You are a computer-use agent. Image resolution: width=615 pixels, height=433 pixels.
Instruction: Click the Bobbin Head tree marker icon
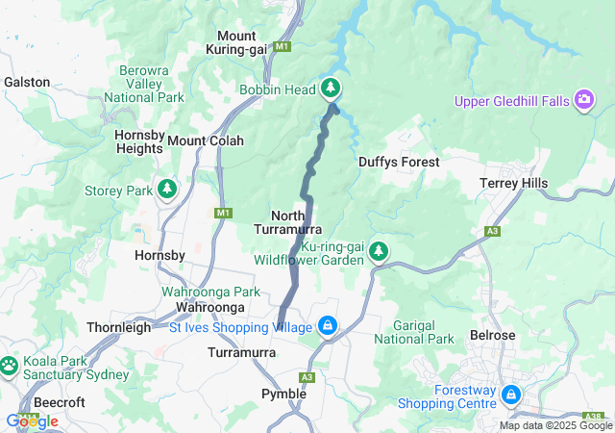pos(331,89)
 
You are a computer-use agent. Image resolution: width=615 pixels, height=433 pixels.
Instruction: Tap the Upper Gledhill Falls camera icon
pos(583,100)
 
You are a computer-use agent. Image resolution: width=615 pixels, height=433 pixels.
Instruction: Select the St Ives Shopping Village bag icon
pos(329,327)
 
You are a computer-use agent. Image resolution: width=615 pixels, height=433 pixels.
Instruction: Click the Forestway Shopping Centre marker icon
pos(511,395)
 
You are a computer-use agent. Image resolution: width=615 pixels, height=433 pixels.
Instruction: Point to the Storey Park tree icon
pos(167,190)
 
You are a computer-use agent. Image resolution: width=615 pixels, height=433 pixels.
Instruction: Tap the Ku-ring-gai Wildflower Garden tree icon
pos(379,252)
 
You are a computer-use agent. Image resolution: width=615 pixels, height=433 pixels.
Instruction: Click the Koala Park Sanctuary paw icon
pos(9,366)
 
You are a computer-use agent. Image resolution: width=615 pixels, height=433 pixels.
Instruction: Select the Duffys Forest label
pos(398,163)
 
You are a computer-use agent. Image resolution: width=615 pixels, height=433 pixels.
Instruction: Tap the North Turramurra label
pos(282,222)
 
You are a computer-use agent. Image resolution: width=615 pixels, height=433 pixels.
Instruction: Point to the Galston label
pos(27,83)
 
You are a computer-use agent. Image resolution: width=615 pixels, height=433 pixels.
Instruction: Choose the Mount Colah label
pos(206,140)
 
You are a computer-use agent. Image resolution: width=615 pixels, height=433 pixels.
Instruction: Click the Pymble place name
pos(284,394)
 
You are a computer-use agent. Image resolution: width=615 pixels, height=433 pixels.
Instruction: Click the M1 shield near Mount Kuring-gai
pos(282,46)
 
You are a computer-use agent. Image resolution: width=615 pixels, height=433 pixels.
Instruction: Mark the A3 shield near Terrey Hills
pos(493,231)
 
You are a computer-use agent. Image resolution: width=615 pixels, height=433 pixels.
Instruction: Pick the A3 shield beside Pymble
pos(307,377)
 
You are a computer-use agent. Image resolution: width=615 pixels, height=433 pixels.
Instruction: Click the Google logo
pos(31,420)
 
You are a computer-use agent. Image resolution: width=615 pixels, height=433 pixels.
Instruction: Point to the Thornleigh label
pos(117,327)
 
